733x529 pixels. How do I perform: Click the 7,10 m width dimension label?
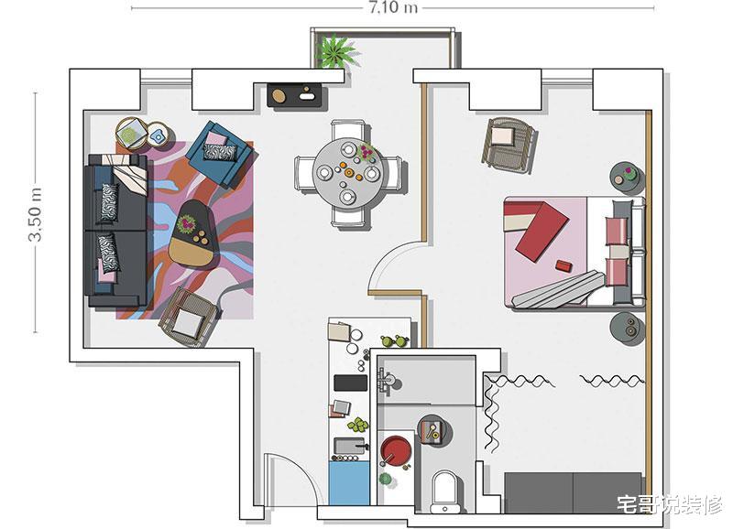[393, 7]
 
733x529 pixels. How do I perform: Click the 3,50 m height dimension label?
[35, 214]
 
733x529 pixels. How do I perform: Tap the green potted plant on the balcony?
[335, 50]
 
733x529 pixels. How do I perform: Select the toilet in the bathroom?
[444, 490]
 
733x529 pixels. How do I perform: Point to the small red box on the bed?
[563, 265]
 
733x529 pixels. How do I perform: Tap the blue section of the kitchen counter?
[349, 483]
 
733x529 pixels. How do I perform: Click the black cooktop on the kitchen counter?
[350, 383]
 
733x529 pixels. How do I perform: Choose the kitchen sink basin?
[349, 446]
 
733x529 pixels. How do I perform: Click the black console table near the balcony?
[298, 95]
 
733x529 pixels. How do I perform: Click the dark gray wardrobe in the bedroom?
[574, 492]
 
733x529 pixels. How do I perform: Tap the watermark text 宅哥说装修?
[670, 504]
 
